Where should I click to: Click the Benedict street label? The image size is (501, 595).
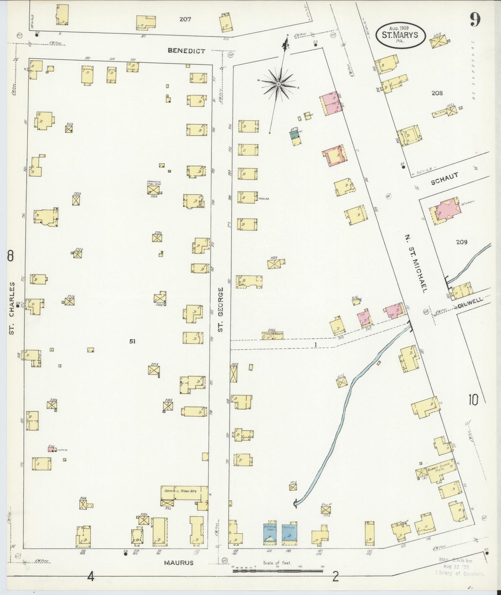tap(186, 51)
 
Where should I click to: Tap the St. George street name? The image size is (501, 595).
tap(221, 309)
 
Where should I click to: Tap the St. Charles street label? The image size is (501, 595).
tap(12, 308)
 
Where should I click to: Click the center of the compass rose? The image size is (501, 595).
tap(279, 84)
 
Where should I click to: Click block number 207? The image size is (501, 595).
tap(185, 19)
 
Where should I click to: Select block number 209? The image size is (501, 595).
tap(462, 242)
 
